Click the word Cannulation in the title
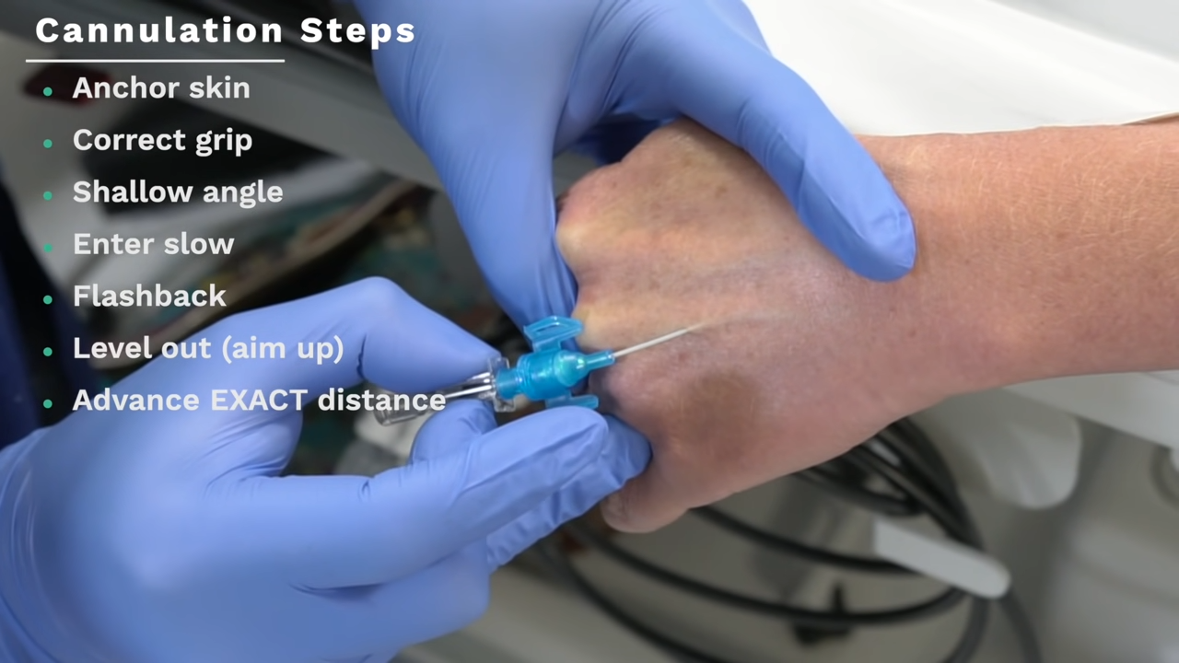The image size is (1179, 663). click(159, 30)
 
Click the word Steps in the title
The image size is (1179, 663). click(358, 31)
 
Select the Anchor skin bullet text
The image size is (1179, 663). click(161, 87)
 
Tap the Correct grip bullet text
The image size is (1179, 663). click(163, 141)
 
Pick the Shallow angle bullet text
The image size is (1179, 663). click(178, 192)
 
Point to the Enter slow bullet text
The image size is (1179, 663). click(153, 244)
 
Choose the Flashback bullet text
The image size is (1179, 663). click(149, 296)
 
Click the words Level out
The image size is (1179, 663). click(142, 348)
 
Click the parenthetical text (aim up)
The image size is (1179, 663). click(283, 349)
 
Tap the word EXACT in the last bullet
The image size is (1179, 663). click(259, 401)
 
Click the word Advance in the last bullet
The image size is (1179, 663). click(135, 401)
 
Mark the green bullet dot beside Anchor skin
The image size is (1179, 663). click(48, 91)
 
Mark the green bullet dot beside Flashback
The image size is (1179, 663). click(48, 300)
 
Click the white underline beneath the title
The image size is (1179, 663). click(156, 61)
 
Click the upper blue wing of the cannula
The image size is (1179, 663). click(552, 332)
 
